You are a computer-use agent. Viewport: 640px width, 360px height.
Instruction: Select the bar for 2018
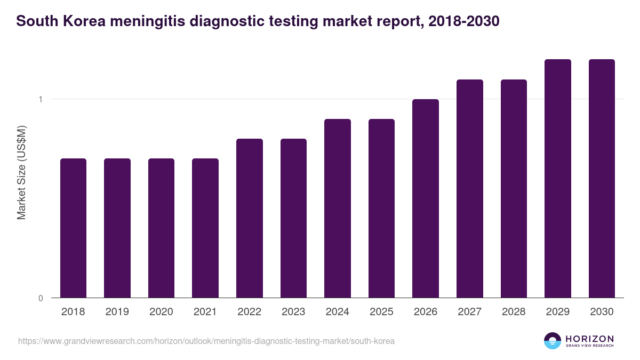point(73,228)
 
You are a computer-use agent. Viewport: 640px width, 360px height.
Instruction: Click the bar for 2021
point(205,228)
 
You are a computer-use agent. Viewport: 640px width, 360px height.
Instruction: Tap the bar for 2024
point(338,209)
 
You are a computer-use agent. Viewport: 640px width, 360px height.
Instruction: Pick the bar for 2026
point(426,198)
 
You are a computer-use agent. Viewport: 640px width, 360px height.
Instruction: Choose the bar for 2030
point(602,179)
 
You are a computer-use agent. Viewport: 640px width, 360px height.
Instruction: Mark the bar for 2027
point(470,189)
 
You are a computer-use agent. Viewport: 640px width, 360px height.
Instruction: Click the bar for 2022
point(250,218)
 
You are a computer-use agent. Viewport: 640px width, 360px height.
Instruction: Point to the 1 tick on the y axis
point(41,99)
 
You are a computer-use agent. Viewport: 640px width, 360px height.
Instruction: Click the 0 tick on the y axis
point(41,298)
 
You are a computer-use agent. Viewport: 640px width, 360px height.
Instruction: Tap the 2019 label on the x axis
point(117,312)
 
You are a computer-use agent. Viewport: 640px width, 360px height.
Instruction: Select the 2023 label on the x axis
point(293,312)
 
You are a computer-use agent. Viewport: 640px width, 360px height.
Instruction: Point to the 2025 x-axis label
point(381,312)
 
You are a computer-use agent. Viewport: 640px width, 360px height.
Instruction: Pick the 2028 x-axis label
point(514,312)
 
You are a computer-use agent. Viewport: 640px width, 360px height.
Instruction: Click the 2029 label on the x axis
point(558,312)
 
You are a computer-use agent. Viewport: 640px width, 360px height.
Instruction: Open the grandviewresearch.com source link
point(206,341)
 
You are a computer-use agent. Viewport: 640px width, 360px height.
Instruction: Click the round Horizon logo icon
point(553,341)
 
